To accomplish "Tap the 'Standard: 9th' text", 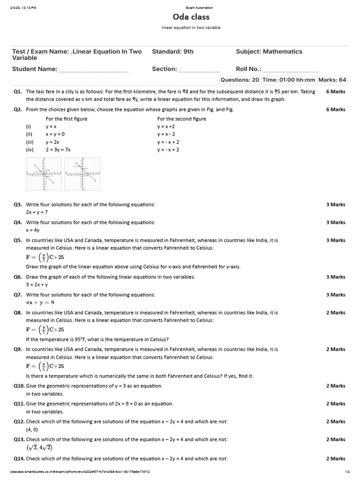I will pos(172,52).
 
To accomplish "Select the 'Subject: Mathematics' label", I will pos(269,52).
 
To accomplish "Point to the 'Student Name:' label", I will pos(35,69).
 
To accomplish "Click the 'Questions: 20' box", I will pos(240,80).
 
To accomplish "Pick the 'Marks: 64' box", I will pos(332,80).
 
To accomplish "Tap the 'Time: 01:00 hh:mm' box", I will pos(289,80).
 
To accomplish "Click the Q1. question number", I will pos(18,92).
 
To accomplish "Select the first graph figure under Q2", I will pos(44,174).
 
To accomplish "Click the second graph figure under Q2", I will pos(82,174).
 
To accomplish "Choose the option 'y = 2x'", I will pos(52,142).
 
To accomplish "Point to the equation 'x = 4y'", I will pos(33,230).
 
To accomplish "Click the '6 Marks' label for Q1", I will pos(336,92).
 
